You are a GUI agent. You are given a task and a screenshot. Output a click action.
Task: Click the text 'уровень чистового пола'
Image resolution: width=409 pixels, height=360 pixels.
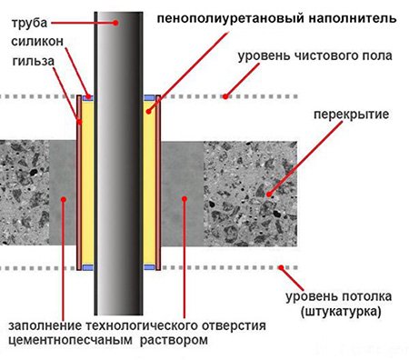click(x=314, y=56)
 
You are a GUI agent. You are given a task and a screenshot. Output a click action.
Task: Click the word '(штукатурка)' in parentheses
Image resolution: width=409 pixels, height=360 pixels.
click(x=339, y=313)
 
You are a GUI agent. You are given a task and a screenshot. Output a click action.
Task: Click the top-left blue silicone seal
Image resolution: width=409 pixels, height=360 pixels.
click(x=86, y=95)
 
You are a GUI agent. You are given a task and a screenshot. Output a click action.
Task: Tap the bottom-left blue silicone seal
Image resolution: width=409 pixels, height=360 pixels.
click(x=86, y=267)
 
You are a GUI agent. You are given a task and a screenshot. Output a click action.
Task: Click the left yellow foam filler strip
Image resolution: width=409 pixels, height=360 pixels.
click(x=86, y=182)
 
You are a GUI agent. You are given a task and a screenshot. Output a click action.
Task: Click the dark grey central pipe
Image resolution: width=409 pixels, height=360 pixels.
click(x=117, y=182)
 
